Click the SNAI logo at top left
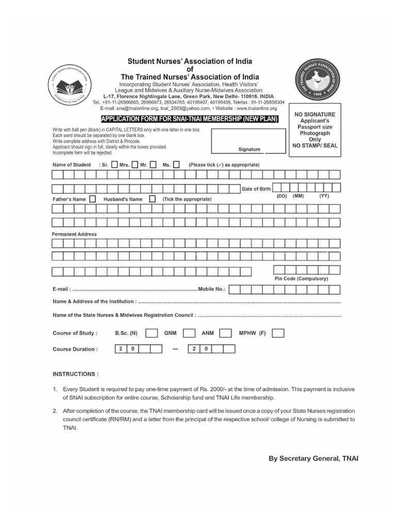(72, 85)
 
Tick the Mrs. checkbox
(115, 165)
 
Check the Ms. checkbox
(176, 165)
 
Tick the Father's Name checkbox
(92, 199)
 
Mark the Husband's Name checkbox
(153, 199)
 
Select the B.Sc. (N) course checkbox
(152, 333)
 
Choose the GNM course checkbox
(189, 333)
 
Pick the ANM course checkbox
(225, 333)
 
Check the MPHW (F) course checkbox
(278, 333)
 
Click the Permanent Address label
(74, 234)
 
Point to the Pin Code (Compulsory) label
(301, 278)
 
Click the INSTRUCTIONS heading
(75, 374)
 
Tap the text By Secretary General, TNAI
(313, 458)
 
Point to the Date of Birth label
(256, 189)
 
